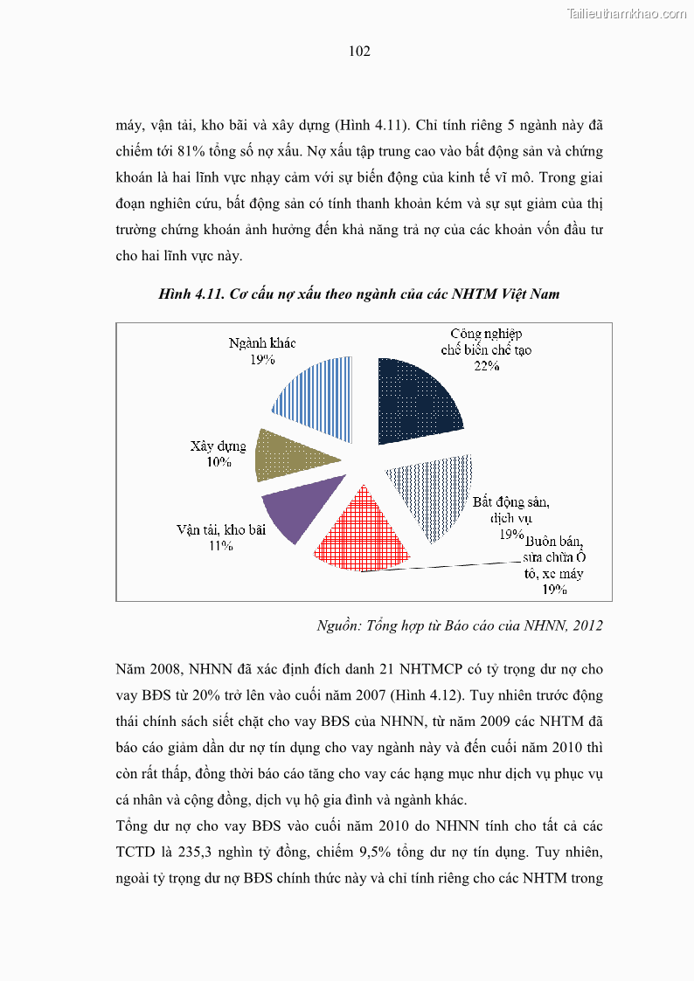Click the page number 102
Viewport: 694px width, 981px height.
coord(359,52)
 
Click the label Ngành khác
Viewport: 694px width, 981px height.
coord(256,342)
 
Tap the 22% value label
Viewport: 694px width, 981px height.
coord(486,367)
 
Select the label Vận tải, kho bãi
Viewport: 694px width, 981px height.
coord(220,529)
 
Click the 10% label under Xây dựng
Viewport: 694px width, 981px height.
coord(219,462)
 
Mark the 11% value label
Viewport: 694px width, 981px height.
coord(220,546)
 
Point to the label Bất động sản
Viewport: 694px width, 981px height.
coord(510,502)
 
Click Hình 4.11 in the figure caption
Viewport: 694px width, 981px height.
coord(191,294)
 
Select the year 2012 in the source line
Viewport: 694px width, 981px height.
coord(586,625)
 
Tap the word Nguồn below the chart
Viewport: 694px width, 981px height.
coord(337,625)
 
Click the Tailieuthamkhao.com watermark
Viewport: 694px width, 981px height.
coord(627,13)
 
